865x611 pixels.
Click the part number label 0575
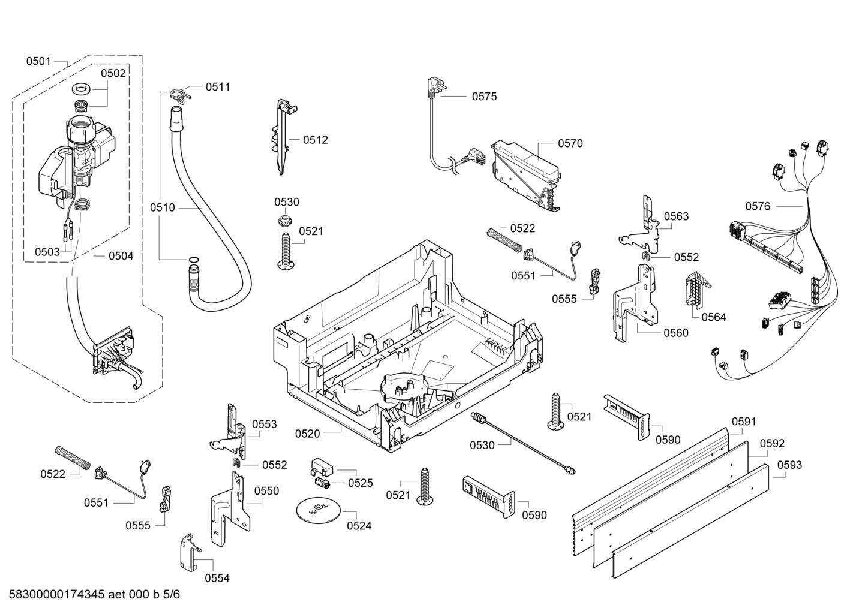point(484,97)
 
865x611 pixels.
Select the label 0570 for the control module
point(570,143)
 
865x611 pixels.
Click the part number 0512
point(315,140)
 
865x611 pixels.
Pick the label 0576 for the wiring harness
point(758,206)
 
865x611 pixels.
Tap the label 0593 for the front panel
point(789,465)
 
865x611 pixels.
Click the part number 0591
point(744,422)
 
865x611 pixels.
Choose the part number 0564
point(714,317)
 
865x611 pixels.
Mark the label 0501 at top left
point(38,61)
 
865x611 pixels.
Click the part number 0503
point(47,252)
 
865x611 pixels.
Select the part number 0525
point(360,483)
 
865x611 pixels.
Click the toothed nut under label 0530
point(286,220)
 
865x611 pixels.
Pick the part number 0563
point(676,216)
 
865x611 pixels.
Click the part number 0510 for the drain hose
point(163,208)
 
